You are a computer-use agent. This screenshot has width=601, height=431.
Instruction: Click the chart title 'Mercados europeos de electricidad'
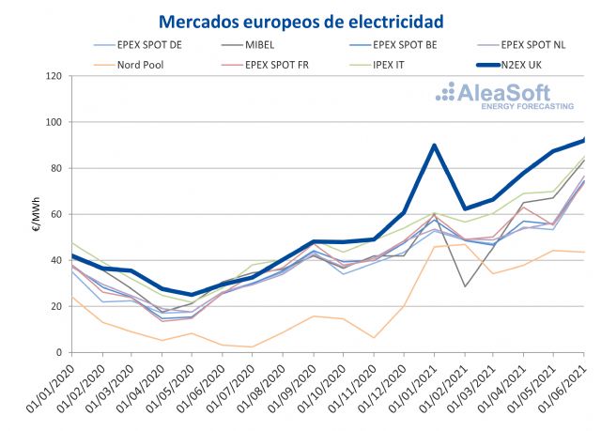point(300,20)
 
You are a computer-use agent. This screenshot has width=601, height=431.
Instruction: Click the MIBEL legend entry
point(278,45)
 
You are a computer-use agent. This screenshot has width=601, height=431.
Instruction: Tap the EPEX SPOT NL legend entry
point(532,45)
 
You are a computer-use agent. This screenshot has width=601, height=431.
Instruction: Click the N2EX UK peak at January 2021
point(434,146)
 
